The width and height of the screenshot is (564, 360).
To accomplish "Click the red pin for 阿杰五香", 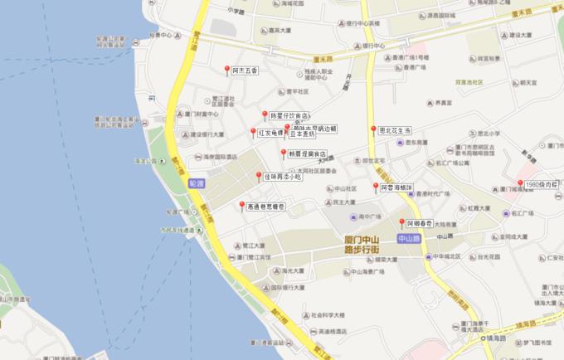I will pos(228,70).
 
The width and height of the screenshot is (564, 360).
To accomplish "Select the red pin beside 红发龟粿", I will pos(253,131).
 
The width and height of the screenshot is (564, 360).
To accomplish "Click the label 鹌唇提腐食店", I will pos(308,153).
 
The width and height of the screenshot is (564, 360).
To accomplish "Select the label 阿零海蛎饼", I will pos(396,188).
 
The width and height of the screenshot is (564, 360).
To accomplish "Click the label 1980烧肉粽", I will pos(543,183).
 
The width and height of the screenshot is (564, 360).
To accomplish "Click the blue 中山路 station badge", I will pos(409,238).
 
